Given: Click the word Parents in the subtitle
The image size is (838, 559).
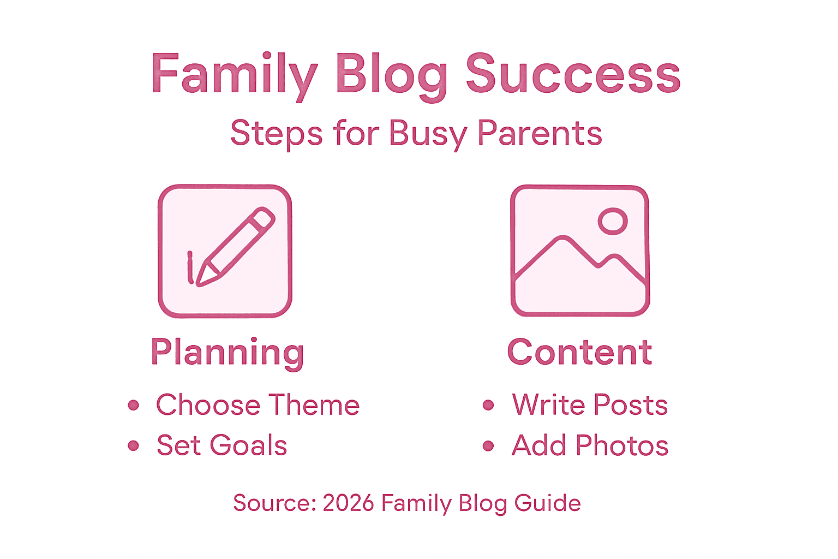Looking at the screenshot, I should pyautogui.click(x=540, y=133).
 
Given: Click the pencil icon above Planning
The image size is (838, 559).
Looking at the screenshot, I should pyautogui.click(x=225, y=251).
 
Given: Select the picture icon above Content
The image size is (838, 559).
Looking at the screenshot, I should pyautogui.click(x=580, y=251).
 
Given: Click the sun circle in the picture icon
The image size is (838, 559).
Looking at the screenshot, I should pyautogui.click(x=613, y=221).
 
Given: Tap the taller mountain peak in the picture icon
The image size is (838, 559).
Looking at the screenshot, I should pyautogui.click(x=563, y=239).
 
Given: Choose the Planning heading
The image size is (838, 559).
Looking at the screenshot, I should pyautogui.click(x=227, y=352).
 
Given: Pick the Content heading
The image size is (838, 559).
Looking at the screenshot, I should pyautogui.click(x=579, y=352).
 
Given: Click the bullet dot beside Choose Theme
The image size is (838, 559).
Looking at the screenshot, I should pyautogui.click(x=134, y=405).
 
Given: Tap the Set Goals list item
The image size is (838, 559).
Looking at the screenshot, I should pyautogui.click(x=222, y=445).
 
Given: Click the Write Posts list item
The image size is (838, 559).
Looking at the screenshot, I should pyautogui.click(x=590, y=405).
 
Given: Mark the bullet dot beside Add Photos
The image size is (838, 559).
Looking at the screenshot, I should pyautogui.click(x=488, y=446).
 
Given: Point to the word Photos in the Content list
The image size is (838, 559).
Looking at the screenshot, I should pyautogui.click(x=622, y=445).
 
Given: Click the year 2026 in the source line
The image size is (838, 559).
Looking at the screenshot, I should pyautogui.click(x=348, y=503).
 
